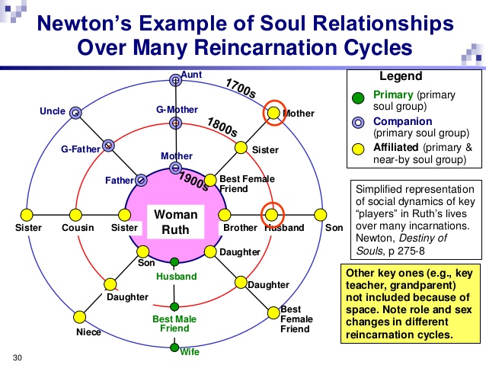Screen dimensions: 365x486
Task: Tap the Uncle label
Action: click(x=53, y=112)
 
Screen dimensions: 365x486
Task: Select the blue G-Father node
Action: click(x=109, y=145)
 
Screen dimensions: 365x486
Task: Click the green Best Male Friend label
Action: click(x=174, y=323)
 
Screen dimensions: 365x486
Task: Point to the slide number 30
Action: click(x=18, y=356)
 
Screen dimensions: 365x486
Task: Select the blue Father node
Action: click(x=141, y=181)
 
